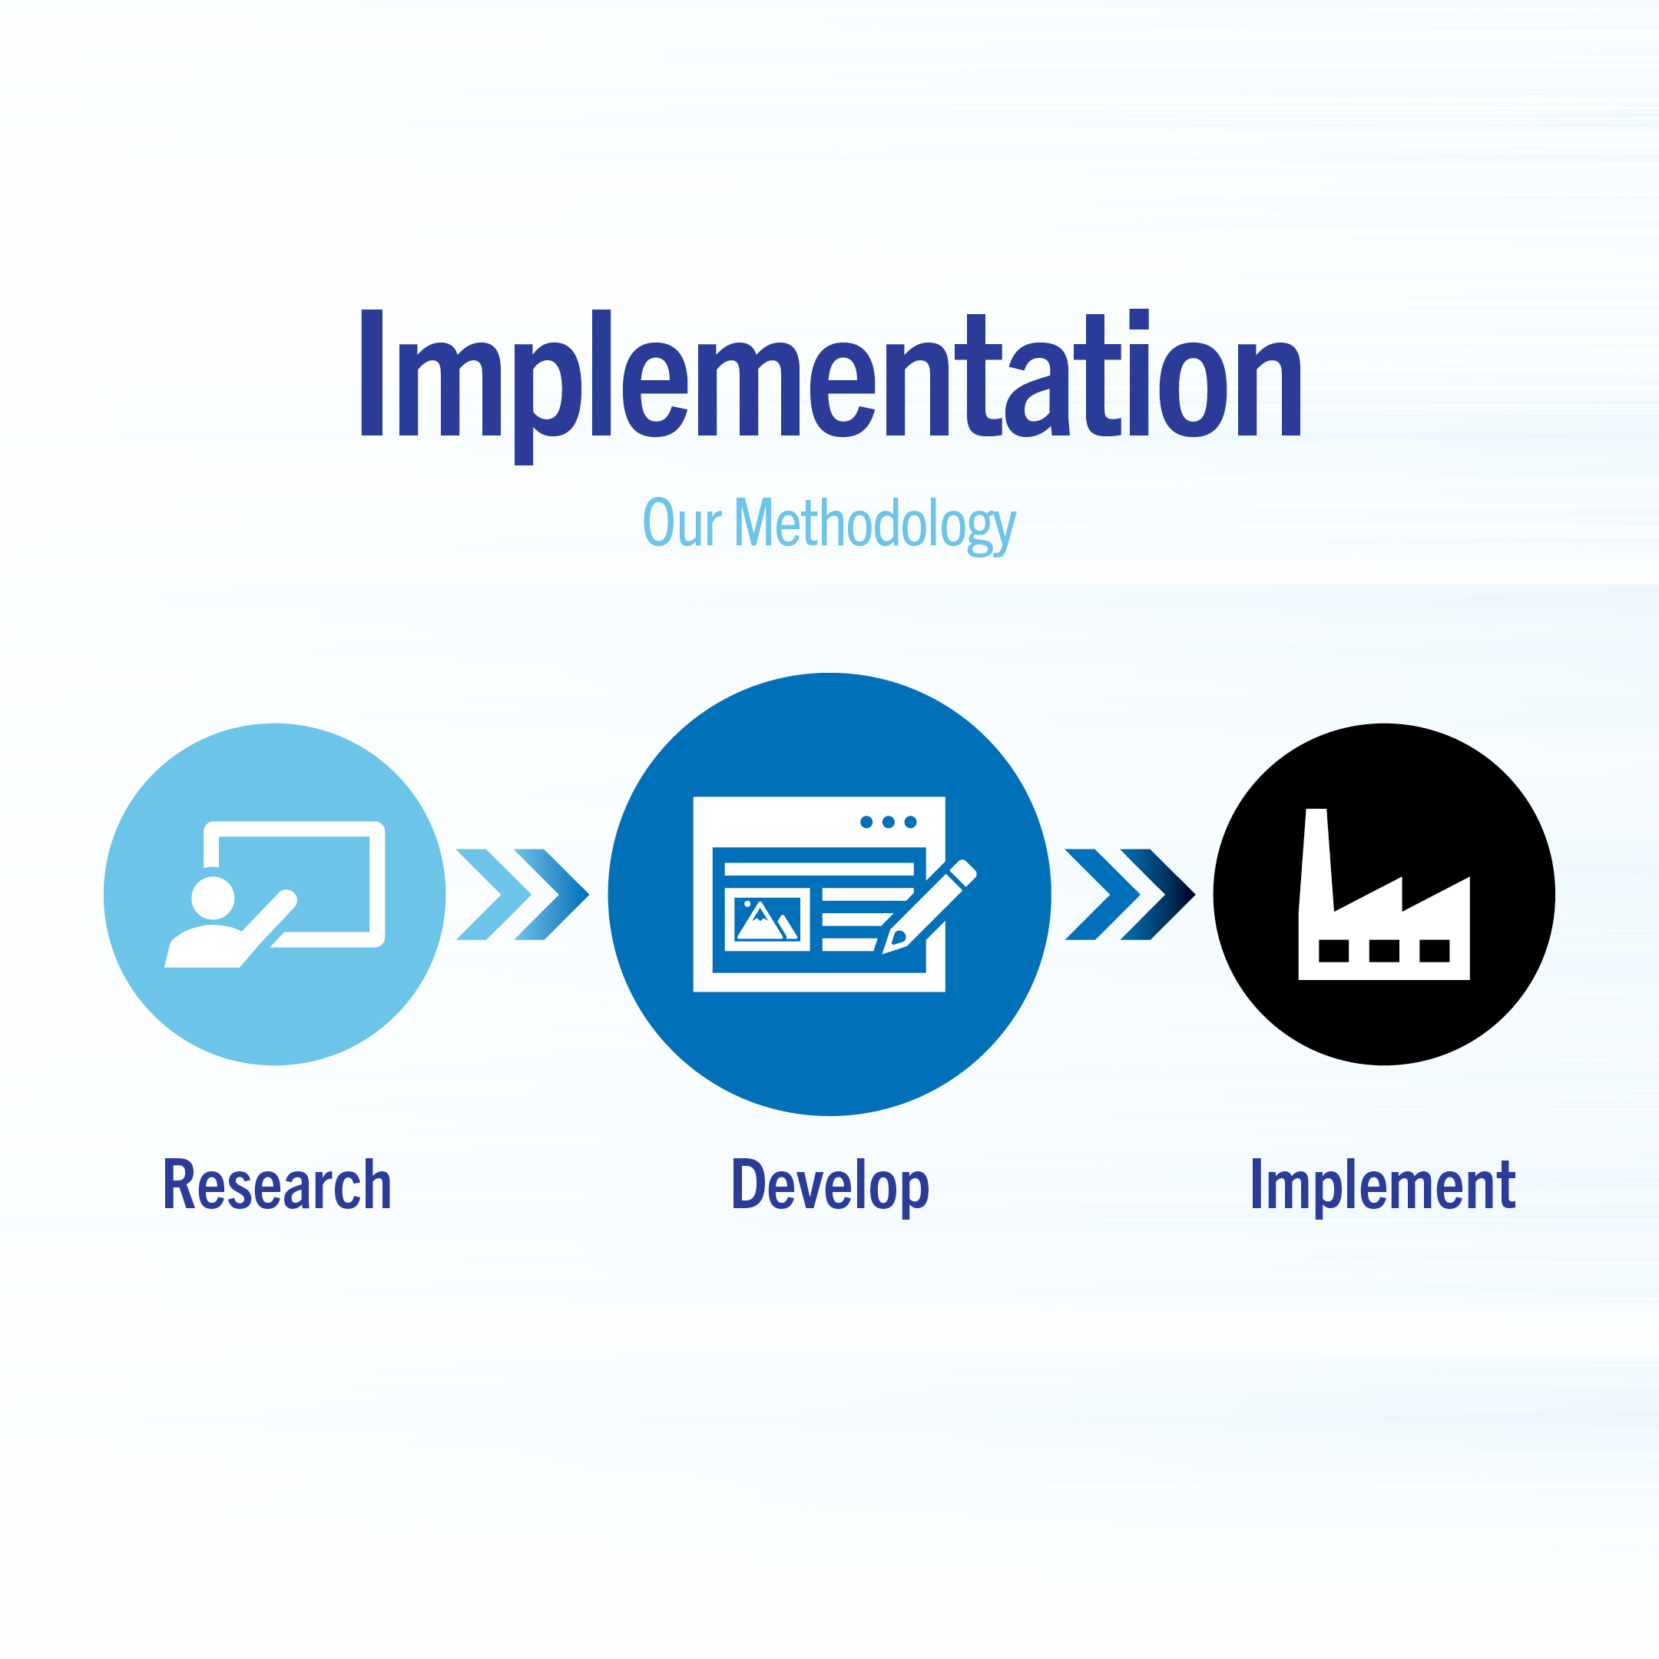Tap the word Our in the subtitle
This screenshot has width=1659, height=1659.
pyautogui.click(x=682, y=522)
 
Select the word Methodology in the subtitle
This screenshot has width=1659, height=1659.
pyautogui.click(x=875, y=524)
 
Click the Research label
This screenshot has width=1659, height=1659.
pyautogui.click(x=276, y=1186)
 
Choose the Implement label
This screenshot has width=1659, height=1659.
pyautogui.click(x=1382, y=1186)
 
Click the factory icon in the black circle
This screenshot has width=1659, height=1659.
pyautogui.click(x=1383, y=910)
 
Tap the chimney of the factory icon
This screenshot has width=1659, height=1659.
pyautogui.click(x=1316, y=859)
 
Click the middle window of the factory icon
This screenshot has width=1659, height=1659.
pyautogui.click(x=1383, y=951)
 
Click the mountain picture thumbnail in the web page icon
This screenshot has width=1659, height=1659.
pyautogui.click(x=767, y=919)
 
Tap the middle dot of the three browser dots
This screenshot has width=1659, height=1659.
pyautogui.click(x=888, y=823)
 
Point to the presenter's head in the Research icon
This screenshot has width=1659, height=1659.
pyautogui.click(x=213, y=898)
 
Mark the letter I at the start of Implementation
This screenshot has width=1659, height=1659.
pyautogui.click(x=371, y=373)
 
